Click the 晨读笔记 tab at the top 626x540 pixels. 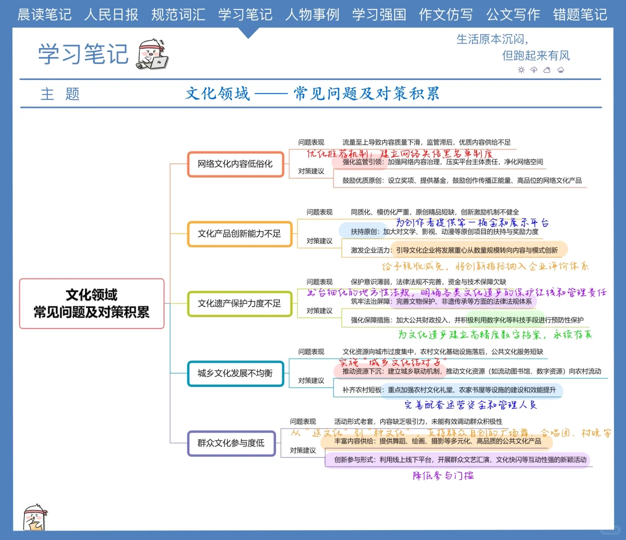pyautogui.click(x=44, y=14)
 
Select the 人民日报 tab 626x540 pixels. pyautogui.click(x=111, y=14)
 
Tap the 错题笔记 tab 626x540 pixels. pyautogui.click(x=580, y=14)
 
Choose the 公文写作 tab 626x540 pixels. pyautogui.click(x=513, y=14)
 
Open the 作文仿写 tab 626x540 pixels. pyautogui.click(x=446, y=14)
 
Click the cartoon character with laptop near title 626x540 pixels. pyautogui.click(x=153, y=54)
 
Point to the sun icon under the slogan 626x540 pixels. pyautogui.click(x=521, y=70)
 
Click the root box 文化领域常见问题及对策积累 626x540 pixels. pyautogui.click(x=92, y=303)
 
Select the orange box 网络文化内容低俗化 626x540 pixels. pyautogui.click(x=235, y=164)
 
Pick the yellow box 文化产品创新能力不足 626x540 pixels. pyautogui.click(x=239, y=234)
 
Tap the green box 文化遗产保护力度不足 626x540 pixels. pyautogui.click(x=239, y=303)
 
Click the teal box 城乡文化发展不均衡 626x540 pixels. pyautogui.click(x=235, y=373)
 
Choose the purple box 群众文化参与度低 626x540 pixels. pyautogui.click(x=231, y=443)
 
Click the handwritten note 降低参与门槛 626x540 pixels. pyautogui.click(x=443, y=475)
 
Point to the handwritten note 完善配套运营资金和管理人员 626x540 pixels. pyautogui.click(x=471, y=404)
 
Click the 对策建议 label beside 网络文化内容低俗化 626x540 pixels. pyautogui.click(x=311, y=171)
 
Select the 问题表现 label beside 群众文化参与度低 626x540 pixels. pyautogui.click(x=303, y=421)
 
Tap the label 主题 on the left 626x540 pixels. pyautogui.click(x=60, y=94)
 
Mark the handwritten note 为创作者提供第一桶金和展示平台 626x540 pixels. pyautogui.click(x=472, y=222)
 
